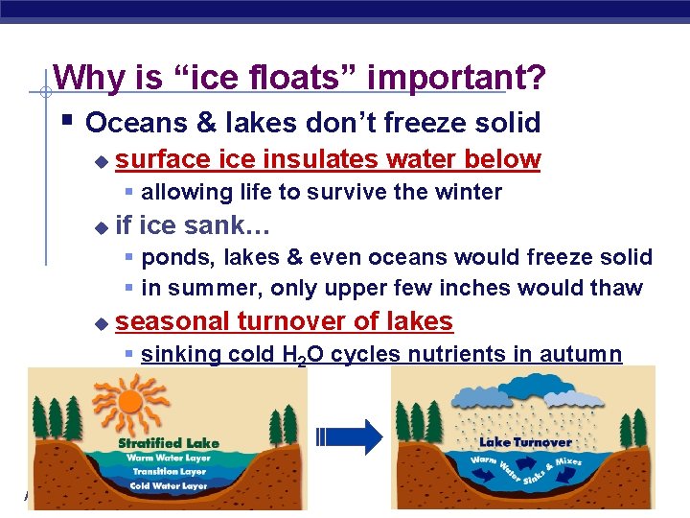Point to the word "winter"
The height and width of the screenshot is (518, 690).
coord(469,192)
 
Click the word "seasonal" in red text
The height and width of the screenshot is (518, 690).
coord(172,320)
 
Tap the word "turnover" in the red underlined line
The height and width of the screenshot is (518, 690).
coord(287,320)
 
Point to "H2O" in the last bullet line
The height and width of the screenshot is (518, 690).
coord(299,356)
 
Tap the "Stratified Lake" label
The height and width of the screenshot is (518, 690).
coord(168,443)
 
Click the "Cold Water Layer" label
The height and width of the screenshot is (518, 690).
coord(168,485)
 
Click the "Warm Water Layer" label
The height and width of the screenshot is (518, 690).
coord(168,458)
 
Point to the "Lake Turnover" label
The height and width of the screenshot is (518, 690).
coord(524,442)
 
